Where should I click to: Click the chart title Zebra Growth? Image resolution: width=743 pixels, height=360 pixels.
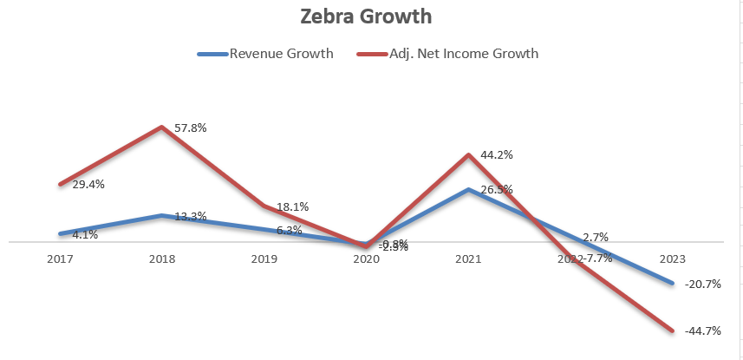[x=372, y=16]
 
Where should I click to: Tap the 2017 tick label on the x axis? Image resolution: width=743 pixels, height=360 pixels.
[x=60, y=259]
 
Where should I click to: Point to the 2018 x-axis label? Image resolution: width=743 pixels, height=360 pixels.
[x=161, y=259]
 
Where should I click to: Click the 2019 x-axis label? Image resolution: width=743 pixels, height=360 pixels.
[x=264, y=259]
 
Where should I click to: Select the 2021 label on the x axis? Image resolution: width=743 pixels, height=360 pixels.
[x=468, y=259]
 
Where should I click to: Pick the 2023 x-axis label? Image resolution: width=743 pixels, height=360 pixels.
[x=673, y=259]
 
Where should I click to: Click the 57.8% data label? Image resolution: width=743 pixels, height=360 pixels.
[x=190, y=128]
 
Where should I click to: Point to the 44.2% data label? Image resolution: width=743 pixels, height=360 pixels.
[x=497, y=154]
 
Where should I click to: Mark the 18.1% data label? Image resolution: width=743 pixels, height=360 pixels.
[x=292, y=206]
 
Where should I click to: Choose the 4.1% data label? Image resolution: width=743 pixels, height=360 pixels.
[x=85, y=234]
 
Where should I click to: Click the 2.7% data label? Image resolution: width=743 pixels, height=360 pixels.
[x=596, y=236]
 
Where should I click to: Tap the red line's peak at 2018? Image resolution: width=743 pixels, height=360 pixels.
[x=161, y=128]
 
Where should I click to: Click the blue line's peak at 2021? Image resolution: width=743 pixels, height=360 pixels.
[x=468, y=189]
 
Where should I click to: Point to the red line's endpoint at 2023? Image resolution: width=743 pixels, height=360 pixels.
[x=673, y=330]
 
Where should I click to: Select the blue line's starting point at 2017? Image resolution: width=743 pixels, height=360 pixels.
[x=60, y=233]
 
